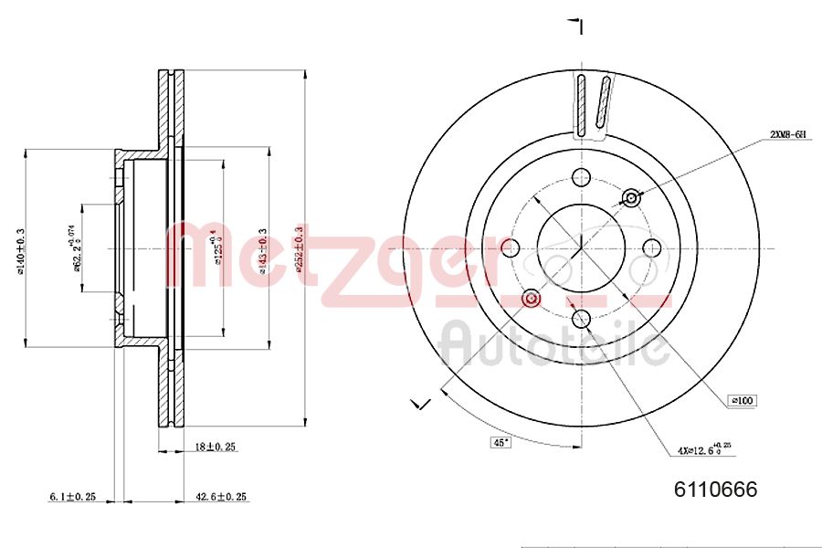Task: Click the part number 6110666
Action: (715, 490)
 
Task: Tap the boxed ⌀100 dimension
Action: (743, 400)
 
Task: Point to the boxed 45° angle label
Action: (501, 443)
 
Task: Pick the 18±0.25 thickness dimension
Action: (215, 447)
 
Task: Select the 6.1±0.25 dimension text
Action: (72, 497)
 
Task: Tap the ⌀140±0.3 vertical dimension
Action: (20, 248)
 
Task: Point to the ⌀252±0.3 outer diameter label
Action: (298, 248)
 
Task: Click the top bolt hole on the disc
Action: (581, 178)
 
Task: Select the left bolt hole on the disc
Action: (511, 248)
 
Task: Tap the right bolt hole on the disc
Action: (651, 248)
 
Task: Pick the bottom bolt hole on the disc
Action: (581, 318)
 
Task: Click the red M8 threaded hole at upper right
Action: (630, 198)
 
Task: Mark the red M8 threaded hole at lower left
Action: (532, 298)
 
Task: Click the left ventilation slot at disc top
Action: (581, 102)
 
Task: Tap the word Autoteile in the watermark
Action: (553, 345)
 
